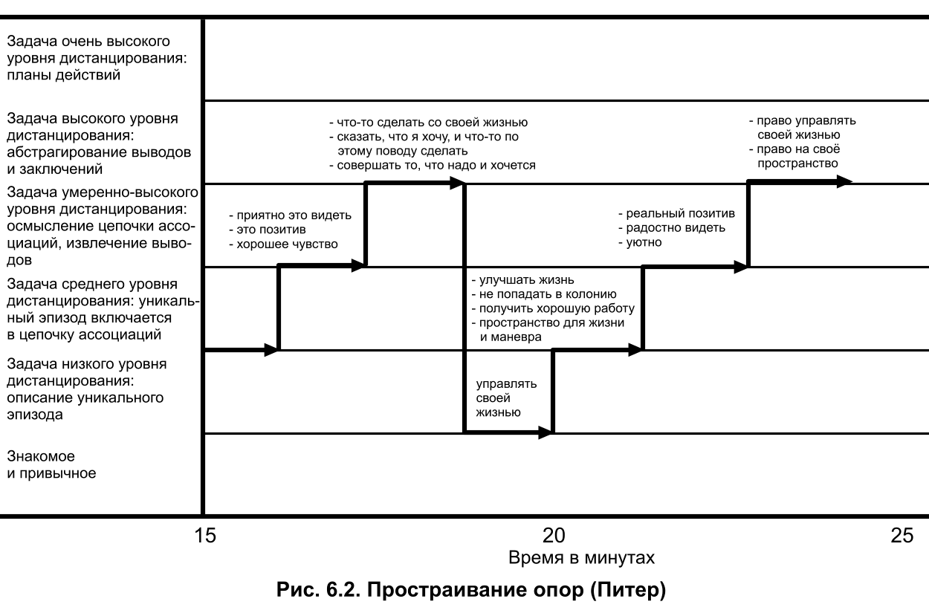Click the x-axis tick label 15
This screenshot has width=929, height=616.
(201, 535)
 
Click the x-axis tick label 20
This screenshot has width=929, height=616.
(554, 535)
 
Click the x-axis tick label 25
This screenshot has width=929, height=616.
(902, 535)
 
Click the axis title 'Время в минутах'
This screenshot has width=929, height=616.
(581, 557)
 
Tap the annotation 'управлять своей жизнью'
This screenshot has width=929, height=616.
(506, 398)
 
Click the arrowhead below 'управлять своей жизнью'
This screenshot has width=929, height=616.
(546, 432)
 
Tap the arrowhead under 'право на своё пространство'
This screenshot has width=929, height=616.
(844, 181)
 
